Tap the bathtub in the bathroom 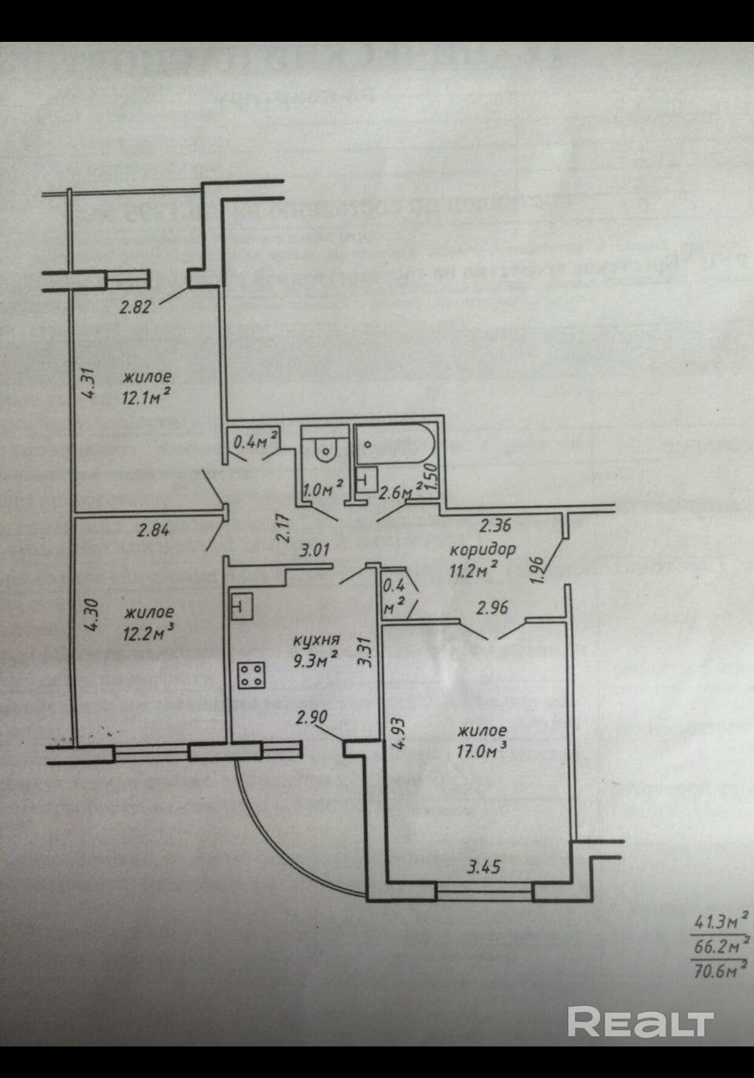pyautogui.click(x=395, y=445)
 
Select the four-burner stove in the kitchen pyautogui.click(x=251, y=675)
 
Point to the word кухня pyautogui.click(x=316, y=640)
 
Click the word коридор pyautogui.click(x=482, y=550)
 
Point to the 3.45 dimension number pyautogui.click(x=483, y=867)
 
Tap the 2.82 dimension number pyautogui.click(x=135, y=307)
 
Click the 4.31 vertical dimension pyautogui.click(x=89, y=383)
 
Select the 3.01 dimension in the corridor pyautogui.click(x=314, y=550)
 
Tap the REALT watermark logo pyautogui.click(x=640, y=1022)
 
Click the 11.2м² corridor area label pyautogui.click(x=474, y=570)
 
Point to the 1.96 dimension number pyautogui.click(x=538, y=570)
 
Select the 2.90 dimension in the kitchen pyautogui.click(x=311, y=718)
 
